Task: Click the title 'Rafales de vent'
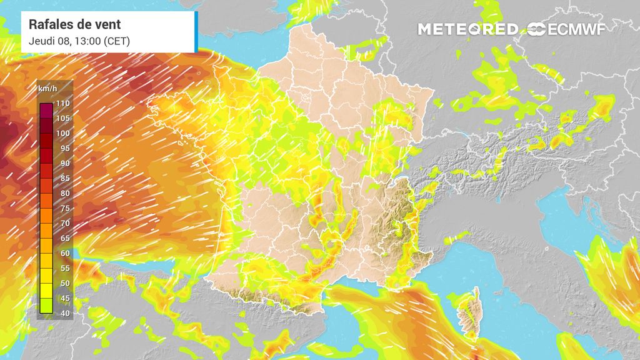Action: [x=75, y=25]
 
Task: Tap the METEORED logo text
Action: [x=467, y=29]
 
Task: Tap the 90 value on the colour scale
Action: [x=63, y=163]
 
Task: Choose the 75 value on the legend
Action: [x=63, y=208]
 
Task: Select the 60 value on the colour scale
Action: [x=63, y=253]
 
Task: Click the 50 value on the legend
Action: [x=63, y=283]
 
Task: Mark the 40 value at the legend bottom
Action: [x=63, y=312]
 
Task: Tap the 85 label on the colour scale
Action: [x=63, y=178]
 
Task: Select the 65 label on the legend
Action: [x=63, y=238]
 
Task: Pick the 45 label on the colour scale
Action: [x=63, y=298]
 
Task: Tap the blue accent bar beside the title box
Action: [x=196, y=31]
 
